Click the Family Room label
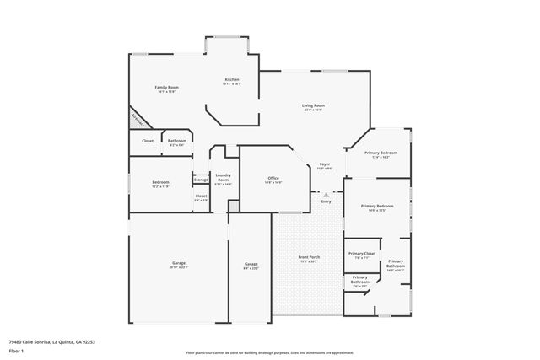point(166,88)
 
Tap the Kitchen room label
point(232,80)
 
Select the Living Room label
point(314,105)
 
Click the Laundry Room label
point(223,177)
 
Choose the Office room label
point(273,178)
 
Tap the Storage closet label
point(201,180)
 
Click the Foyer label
point(325,164)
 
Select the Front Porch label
point(308,256)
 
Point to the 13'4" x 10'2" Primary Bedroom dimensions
point(381,158)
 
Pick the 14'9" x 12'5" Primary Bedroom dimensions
point(377,211)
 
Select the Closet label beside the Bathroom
point(148,141)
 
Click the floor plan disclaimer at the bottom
point(270,352)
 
